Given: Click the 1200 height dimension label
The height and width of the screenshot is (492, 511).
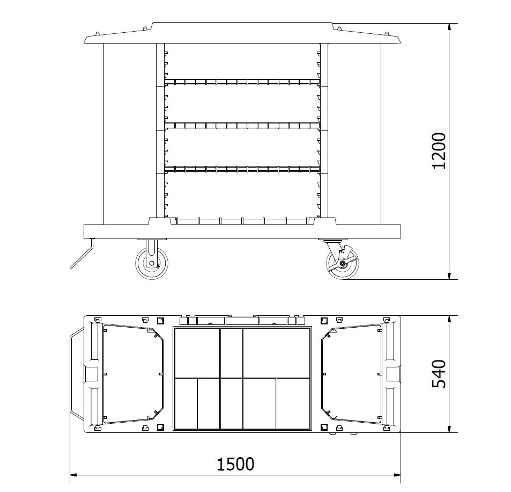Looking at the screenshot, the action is tap(439, 150).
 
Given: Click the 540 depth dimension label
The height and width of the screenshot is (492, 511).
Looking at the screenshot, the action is tap(439, 374).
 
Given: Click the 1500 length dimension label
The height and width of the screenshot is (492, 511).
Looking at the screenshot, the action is tap(235, 464).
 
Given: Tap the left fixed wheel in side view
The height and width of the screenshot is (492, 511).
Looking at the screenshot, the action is tap(152, 263).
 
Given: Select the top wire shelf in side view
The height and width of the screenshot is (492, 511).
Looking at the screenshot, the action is tap(242, 82).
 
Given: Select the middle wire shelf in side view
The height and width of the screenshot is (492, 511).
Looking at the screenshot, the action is tap(242, 125).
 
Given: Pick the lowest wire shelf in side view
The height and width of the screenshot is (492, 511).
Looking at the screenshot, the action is tap(242, 169).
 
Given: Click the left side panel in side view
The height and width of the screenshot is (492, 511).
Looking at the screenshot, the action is tap(130, 134).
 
